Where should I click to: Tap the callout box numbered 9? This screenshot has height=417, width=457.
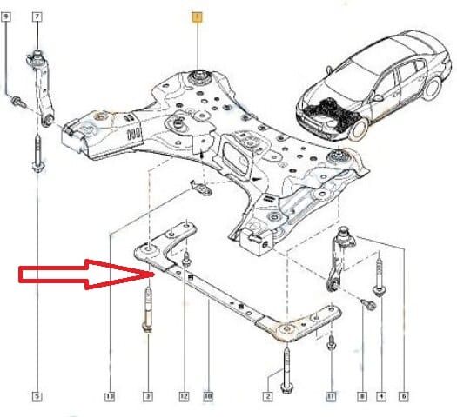[8, 17]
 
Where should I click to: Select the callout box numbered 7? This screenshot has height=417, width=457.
[37, 17]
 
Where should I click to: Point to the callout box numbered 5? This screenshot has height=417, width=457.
[37, 397]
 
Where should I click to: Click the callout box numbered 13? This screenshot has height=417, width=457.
[111, 397]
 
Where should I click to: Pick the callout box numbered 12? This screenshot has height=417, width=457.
[185, 397]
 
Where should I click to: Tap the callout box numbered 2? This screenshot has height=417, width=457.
[268, 397]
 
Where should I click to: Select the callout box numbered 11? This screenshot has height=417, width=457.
[331, 397]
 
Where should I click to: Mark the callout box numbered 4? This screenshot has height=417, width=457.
[380, 397]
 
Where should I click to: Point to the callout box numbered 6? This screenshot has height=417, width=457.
[404, 397]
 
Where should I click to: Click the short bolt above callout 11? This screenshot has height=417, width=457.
[331, 345]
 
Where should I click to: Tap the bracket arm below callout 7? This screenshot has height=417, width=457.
[42, 87]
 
